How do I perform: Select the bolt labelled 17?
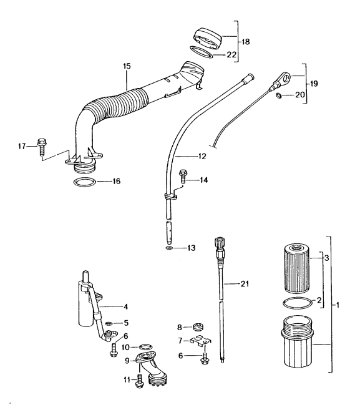pyautogui.click(x=42, y=146)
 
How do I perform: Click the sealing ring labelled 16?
pyautogui.click(x=85, y=183)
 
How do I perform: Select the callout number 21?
pyautogui.click(x=246, y=285)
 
